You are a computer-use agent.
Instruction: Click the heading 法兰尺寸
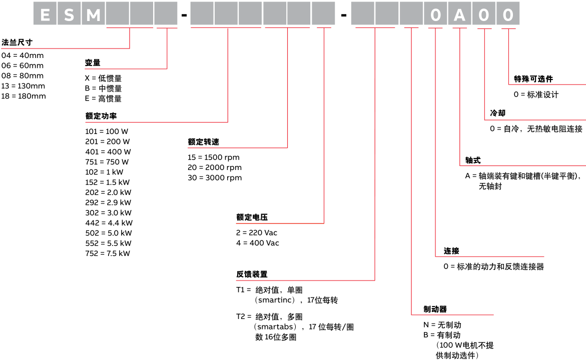(x=18, y=42)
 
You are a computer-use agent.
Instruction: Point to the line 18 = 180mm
(x=24, y=96)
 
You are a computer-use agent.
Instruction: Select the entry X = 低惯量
(x=103, y=78)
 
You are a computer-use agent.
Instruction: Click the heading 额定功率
(x=101, y=115)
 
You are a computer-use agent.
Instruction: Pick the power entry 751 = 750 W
(x=107, y=162)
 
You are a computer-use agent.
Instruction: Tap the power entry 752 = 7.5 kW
(x=108, y=253)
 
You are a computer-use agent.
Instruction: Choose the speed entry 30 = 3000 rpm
(x=215, y=177)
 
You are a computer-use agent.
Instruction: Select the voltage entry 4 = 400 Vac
(x=258, y=243)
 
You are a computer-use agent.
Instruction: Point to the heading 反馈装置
(x=252, y=274)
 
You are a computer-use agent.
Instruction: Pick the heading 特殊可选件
(x=533, y=78)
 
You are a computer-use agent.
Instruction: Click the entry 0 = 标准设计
(x=536, y=94)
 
